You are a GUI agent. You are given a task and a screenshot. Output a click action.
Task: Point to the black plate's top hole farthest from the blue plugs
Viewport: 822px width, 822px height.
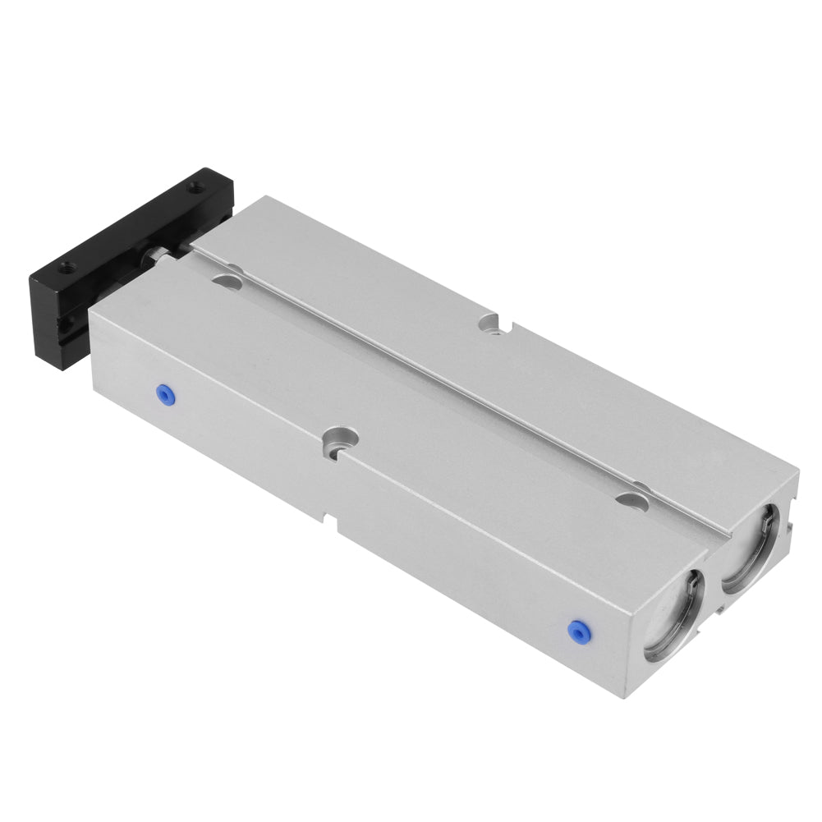click(195, 188)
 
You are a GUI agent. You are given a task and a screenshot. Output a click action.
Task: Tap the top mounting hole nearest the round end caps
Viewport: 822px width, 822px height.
click(631, 499)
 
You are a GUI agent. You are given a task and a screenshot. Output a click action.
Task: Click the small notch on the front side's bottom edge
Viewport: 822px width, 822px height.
click(333, 522)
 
